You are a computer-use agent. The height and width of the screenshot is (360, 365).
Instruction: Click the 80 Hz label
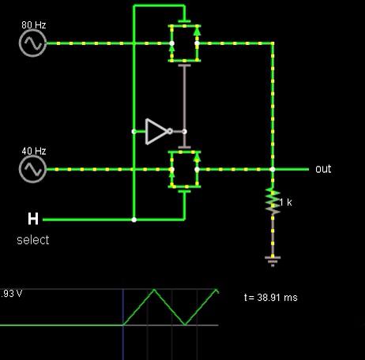tap(34, 25)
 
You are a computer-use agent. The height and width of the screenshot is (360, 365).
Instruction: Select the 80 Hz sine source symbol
tap(32, 43)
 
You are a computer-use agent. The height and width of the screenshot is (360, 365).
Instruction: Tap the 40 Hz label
tap(34, 151)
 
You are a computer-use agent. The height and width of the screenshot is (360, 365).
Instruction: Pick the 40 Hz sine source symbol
tap(32, 169)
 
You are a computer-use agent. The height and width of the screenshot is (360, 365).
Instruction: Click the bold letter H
tap(33, 219)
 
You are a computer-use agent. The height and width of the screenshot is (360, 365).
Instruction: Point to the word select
tap(33, 240)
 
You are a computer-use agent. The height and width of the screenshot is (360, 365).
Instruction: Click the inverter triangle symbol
tap(156, 131)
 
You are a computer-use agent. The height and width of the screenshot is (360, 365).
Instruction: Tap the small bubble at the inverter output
tap(170, 131)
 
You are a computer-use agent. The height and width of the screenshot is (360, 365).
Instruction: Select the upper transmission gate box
tap(184, 43)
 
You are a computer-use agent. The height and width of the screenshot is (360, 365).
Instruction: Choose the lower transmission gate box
tap(184, 169)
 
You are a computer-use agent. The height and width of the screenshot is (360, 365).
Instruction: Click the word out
tap(323, 169)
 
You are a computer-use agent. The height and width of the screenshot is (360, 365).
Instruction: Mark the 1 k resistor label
tap(286, 202)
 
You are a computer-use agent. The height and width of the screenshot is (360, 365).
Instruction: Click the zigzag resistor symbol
tap(273, 201)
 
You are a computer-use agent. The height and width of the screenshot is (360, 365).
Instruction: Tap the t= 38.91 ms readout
tap(271, 298)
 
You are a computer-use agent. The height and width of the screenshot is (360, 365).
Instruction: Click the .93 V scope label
tap(11, 293)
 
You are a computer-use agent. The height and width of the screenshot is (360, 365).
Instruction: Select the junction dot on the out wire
tap(273, 169)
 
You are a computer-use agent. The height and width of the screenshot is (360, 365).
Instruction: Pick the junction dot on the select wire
tap(134, 219)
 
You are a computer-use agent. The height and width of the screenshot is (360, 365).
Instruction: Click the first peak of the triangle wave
tap(154, 290)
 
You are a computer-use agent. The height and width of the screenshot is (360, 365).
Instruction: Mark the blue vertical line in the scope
tap(123, 324)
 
